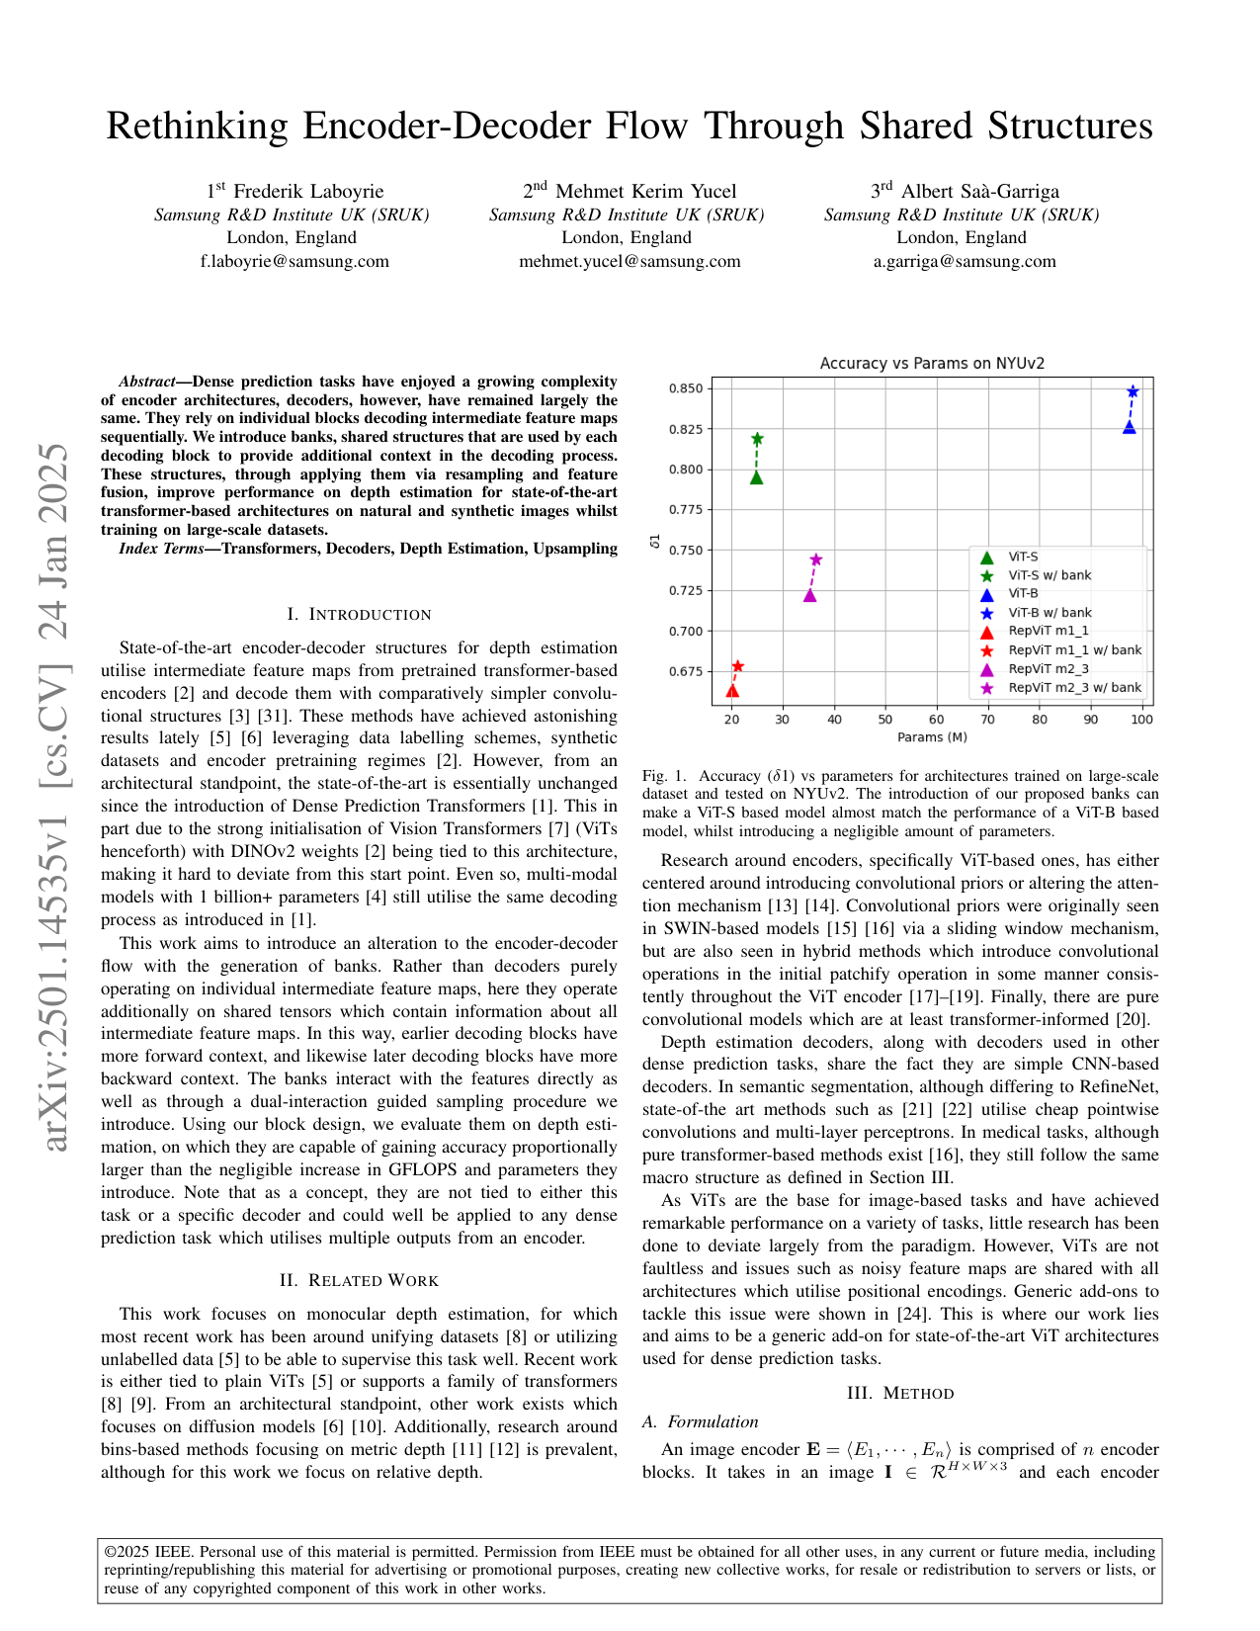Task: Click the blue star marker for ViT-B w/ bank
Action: [1133, 391]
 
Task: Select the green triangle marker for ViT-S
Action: [756, 477]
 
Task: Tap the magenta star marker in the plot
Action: [816, 559]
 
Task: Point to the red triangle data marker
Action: [732, 691]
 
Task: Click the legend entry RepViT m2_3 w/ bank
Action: [1074, 688]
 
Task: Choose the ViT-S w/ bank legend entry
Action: [1050, 575]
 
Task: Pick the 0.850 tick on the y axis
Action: [686, 388]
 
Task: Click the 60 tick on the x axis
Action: [936, 720]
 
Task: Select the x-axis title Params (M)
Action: [932, 737]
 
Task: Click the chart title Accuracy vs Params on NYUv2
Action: [932, 364]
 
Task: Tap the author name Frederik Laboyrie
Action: [309, 192]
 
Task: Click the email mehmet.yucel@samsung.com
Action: [630, 262]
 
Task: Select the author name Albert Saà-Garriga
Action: [979, 192]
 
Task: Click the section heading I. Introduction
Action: [359, 615]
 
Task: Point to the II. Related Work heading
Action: [359, 1281]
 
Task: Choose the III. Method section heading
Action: [900, 1394]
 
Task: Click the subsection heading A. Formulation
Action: [701, 1422]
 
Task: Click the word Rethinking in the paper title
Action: [199, 127]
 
